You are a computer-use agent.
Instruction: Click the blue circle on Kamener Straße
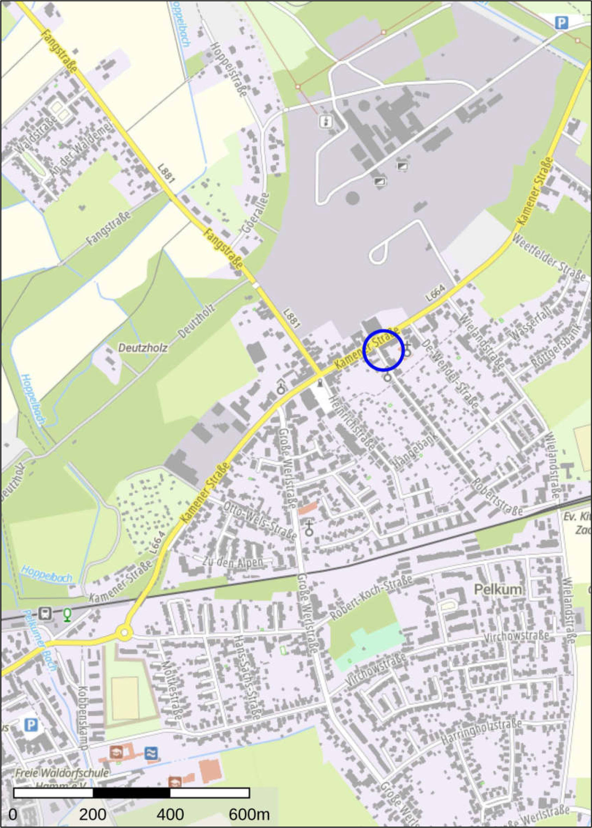(x=384, y=350)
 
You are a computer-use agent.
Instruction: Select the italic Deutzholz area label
(x=143, y=348)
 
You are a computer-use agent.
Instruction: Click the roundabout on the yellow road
(x=124, y=632)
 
